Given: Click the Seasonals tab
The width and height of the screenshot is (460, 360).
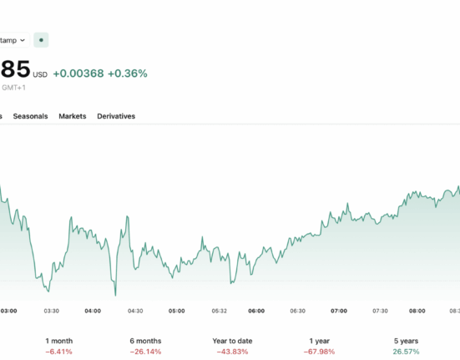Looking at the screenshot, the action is (x=30, y=116).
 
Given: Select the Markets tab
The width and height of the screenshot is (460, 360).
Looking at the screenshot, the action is (x=73, y=116).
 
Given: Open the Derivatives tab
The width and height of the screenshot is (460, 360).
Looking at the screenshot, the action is (x=116, y=116).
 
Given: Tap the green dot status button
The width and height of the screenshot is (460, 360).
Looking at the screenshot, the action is (x=41, y=40).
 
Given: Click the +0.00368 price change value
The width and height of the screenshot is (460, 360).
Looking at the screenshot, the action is (x=78, y=74).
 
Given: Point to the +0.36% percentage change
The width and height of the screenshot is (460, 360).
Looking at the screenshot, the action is (x=128, y=74).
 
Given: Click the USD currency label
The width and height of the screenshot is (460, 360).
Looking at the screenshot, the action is (x=40, y=75).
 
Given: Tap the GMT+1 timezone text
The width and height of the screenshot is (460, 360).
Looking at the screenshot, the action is (x=14, y=88).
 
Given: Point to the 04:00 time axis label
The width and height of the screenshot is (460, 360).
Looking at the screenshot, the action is (x=93, y=311).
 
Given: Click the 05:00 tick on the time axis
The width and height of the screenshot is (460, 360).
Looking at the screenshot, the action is (x=177, y=311).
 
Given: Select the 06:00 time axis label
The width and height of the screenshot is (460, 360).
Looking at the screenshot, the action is (x=256, y=311).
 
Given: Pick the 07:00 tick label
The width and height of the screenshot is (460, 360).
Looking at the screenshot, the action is (x=339, y=311).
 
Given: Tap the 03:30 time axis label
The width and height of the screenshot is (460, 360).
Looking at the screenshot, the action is (x=51, y=311).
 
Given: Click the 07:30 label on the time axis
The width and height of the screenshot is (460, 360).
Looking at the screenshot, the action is (x=380, y=311).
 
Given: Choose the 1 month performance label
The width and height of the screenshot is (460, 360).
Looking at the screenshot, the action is (x=59, y=341).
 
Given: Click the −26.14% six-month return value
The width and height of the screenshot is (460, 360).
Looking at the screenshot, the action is (x=145, y=352).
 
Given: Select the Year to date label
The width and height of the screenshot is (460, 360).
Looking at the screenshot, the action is (x=232, y=341).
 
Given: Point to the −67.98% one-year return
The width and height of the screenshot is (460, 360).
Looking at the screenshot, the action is (x=319, y=352).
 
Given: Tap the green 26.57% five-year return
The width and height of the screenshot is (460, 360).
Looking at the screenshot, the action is (x=406, y=352).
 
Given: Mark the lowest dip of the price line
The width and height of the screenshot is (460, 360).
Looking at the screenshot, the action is (x=115, y=296).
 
